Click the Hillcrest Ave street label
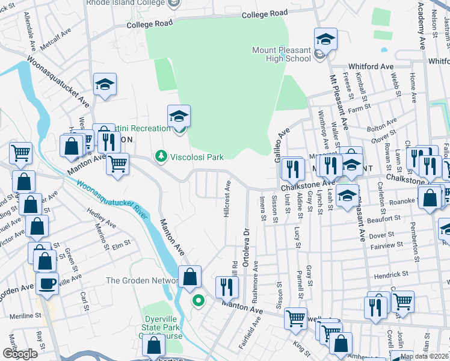pyautogui.click(x=227, y=199)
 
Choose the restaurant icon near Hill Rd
pyautogui.click(x=226, y=286)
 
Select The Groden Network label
pyautogui.click(x=141, y=280)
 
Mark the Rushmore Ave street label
pyautogui.click(x=256, y=277)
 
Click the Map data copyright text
pyautogui.click(x=424, y=356)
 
